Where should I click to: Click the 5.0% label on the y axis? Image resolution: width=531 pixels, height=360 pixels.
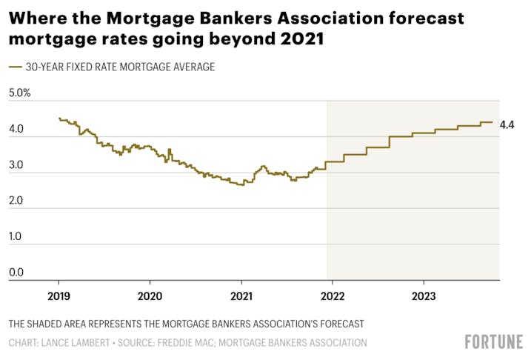19,93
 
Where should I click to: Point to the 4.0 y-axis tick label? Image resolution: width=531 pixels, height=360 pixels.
16,130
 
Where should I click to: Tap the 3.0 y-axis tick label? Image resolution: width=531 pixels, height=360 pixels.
16,165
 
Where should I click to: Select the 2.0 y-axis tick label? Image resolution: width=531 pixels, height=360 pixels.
16,201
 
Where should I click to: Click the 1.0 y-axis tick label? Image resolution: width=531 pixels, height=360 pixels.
16,237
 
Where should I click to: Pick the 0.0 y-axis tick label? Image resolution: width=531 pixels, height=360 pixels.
16,273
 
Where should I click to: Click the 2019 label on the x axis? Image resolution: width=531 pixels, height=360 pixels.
59,294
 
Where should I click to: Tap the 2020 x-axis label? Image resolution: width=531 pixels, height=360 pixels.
150,294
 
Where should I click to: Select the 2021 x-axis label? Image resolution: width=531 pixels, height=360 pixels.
241,294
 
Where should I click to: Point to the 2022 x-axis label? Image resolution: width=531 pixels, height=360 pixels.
332,294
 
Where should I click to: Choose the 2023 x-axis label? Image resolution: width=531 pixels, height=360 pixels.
423,294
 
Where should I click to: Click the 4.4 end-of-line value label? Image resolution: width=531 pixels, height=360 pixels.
507,124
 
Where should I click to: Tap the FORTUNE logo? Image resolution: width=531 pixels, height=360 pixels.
493,341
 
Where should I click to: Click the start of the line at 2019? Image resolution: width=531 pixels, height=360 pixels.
59,119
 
